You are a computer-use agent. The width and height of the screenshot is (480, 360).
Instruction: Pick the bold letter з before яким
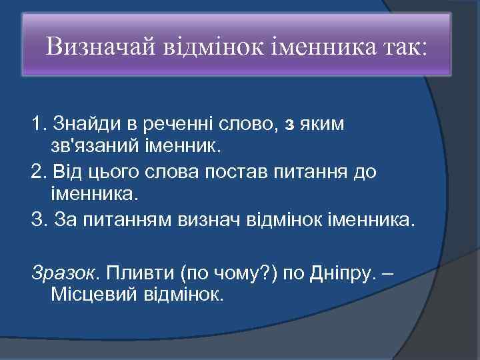[288, 125]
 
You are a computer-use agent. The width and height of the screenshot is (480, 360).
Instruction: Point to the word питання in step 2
[299, 171]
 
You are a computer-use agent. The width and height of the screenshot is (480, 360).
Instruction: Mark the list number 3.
[37, 218]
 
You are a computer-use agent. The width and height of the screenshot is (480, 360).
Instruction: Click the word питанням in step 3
[135, 218]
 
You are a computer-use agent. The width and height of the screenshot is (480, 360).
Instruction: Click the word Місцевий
[93, 294]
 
